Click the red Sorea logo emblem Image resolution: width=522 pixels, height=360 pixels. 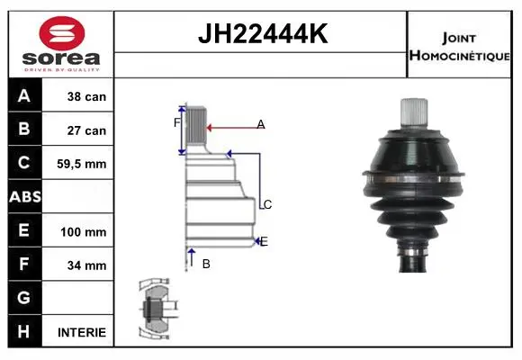(62, 33)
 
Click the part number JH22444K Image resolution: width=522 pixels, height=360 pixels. (263, 33)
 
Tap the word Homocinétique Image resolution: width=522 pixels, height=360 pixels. (459, 55)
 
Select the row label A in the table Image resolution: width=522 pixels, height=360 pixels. (24, 95)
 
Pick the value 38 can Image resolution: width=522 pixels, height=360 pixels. (86, 96)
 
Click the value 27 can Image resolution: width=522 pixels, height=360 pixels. (86, 130)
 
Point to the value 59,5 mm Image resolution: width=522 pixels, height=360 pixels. (82, 164)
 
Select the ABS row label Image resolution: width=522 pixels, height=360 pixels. (25, 197)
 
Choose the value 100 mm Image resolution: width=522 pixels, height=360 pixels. (83, 232)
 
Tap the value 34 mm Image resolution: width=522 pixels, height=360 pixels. (86, 265)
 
